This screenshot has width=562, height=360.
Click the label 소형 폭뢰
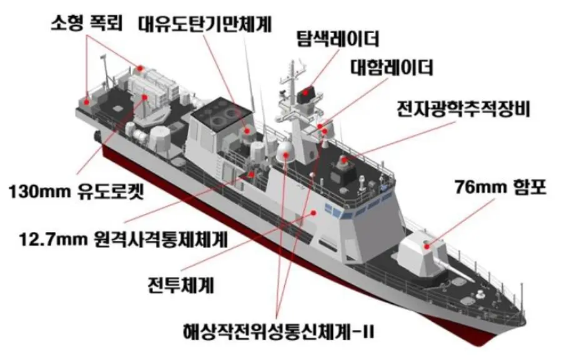point(87,23)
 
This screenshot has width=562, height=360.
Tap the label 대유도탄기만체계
point(205,24)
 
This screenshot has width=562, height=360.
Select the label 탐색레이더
point(337,39)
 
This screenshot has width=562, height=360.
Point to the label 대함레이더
point(392,67)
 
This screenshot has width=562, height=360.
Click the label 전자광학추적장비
point(463,109)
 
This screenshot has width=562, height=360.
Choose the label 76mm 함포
point(501,187)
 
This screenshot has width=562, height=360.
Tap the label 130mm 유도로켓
point(76,192)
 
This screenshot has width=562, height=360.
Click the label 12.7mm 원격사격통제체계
point(124,239)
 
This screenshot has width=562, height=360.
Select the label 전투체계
point(180,285)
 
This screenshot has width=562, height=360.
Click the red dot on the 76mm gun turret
point(426,246)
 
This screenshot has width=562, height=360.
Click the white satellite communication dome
point(285,152)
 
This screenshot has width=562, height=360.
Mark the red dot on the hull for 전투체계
point(313,212)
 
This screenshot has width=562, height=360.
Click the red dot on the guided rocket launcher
point(145,97)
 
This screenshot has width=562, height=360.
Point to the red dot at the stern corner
point(86,102)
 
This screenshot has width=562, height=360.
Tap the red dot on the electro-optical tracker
point(343,160)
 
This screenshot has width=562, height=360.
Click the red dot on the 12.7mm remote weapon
point(252,174)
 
